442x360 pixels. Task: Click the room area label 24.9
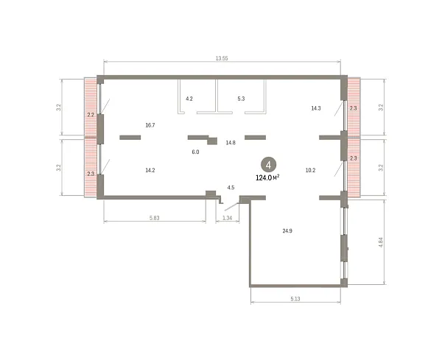click(287, 231)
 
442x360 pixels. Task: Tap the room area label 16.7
click(150, 125)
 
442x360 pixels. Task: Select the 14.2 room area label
click(150, 170)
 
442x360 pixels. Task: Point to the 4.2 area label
click(189, 99)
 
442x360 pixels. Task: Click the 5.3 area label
click(241, 99)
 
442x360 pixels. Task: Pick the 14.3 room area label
click(316, 108)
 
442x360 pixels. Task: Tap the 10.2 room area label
click(310, 170)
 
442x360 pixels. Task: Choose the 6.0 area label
click(195, 152)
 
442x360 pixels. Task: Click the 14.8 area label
click(231, 143)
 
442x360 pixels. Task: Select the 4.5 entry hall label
click(231, 188)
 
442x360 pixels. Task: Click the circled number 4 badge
click(268, 165)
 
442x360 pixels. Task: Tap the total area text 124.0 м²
click(267, 177)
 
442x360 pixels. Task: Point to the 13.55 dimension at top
click(222, 59)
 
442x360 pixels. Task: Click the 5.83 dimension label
click(155, 218)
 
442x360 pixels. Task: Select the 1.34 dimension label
click(227, 218)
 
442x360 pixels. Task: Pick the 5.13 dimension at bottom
click(295, 299)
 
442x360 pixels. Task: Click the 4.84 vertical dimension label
click(381, 242)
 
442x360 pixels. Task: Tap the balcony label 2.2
click(91, 115)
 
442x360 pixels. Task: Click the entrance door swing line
click(232, 207)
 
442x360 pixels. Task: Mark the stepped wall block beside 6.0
click(212, 141)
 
